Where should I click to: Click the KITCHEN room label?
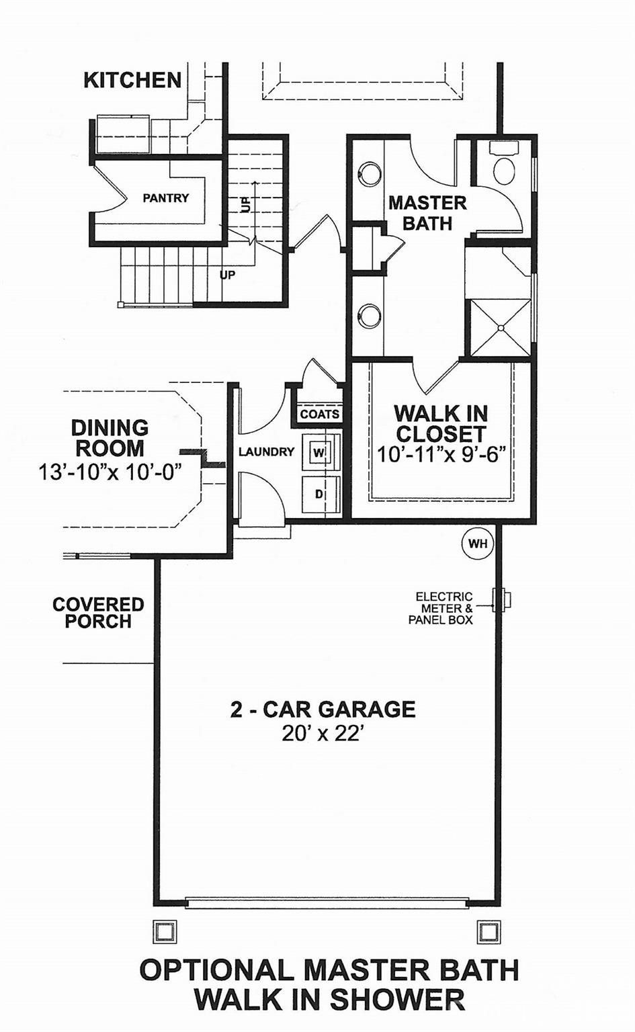point(132,81)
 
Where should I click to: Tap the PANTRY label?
point(165,198)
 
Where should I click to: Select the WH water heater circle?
point(478,544)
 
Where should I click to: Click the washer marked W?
point(320,453)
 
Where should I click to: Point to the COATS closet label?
point(319,415)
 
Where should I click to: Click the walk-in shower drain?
point(501,329)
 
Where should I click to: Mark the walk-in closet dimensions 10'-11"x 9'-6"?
point(441,455)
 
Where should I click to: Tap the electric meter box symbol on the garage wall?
point(501,599)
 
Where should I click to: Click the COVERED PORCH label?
point(98,613)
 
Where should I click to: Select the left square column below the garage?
point(164,932)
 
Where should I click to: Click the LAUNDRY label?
point(266,452)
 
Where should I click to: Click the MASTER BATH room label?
point(427,213)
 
